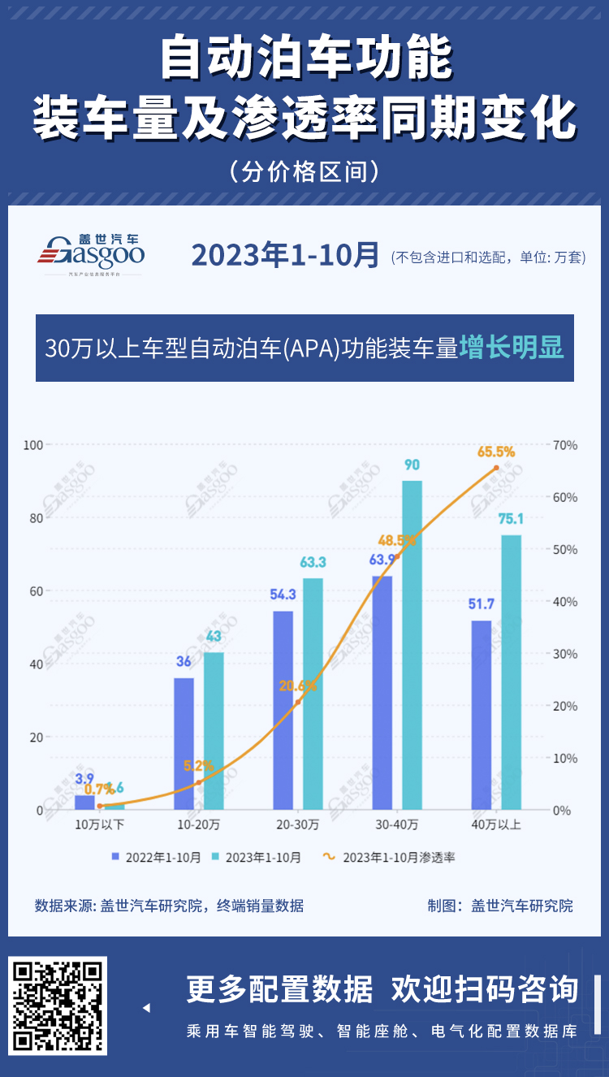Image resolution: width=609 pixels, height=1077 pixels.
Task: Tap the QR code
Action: [58, 1006]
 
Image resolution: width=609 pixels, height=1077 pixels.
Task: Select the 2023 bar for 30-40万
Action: [412, 645]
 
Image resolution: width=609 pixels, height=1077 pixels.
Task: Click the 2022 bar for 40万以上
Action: [482, 715]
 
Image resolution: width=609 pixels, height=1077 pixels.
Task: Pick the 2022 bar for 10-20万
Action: [184, 743]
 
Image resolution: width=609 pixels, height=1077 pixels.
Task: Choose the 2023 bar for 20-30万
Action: [313, 694]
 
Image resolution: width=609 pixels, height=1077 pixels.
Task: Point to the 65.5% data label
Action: [496, 452]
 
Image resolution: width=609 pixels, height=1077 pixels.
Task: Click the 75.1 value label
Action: [512, 519]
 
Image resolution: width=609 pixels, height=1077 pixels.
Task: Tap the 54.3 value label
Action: [283, 595]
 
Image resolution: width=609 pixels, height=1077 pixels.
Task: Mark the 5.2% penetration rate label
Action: [199, 765]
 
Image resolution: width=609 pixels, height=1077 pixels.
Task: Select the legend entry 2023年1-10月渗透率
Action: [390, 857]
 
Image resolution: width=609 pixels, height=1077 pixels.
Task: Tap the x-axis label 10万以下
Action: [99, 825]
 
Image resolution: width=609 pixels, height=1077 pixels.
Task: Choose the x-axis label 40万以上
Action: [496, 825]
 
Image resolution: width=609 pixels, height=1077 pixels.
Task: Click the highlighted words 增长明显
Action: [512, 348]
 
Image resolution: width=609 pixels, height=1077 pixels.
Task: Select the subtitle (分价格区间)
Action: [304, 171]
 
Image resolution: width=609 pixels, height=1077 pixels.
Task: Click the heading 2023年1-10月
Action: [285, 255]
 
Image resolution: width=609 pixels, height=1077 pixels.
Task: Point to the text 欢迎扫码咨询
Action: [485, 989]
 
